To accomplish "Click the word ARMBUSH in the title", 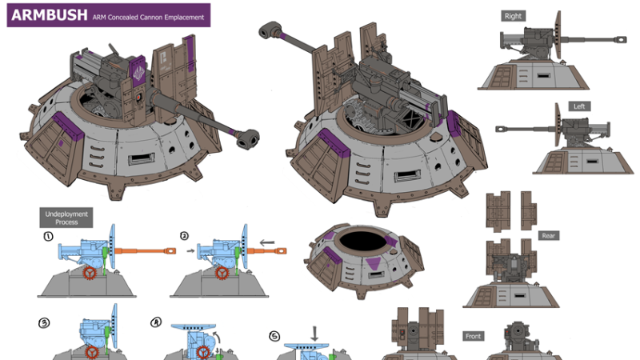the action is coord(50,15).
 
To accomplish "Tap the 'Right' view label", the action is coord(513,16).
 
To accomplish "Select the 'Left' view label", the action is coord(579,106).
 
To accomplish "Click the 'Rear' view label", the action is coord(549,235).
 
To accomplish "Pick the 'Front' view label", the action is coord(473,336).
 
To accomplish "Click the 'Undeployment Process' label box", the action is coord(66,218).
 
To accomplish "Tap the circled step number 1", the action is coord(49,236).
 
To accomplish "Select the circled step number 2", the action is coord(184,236).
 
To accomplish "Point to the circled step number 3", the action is coord(44,323).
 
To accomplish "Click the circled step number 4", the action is coord(156,322).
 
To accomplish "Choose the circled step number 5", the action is coord(274,336).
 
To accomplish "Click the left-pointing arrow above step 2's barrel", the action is coord(267,242).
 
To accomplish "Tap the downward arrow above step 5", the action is coord(314,334).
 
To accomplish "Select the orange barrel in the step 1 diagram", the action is coord(146,251).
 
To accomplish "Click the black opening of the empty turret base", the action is coord(363,241).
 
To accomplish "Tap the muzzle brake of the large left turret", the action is coord(247,138).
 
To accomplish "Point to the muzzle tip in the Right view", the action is coord(622,39).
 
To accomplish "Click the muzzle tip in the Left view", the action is coord(501,129).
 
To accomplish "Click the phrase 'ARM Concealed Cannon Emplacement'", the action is coord(148,17).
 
